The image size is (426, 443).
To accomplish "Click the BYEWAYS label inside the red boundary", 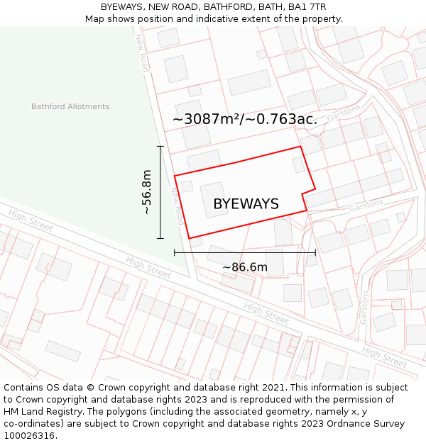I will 246,204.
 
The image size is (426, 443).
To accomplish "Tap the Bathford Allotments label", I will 70,106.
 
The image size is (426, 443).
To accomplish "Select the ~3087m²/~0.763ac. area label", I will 245,119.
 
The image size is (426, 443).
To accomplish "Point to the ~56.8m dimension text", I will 146,192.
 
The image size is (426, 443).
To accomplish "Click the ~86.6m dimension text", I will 245,267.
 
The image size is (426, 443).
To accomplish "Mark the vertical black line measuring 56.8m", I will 160,192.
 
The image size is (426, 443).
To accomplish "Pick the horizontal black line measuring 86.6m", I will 245,252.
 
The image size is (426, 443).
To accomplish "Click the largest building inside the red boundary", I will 214,201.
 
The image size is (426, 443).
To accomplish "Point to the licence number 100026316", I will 30,436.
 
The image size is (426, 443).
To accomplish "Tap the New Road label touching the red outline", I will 177,206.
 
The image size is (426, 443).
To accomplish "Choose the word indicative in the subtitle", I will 230,19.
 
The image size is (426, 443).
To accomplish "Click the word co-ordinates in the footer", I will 31,424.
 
